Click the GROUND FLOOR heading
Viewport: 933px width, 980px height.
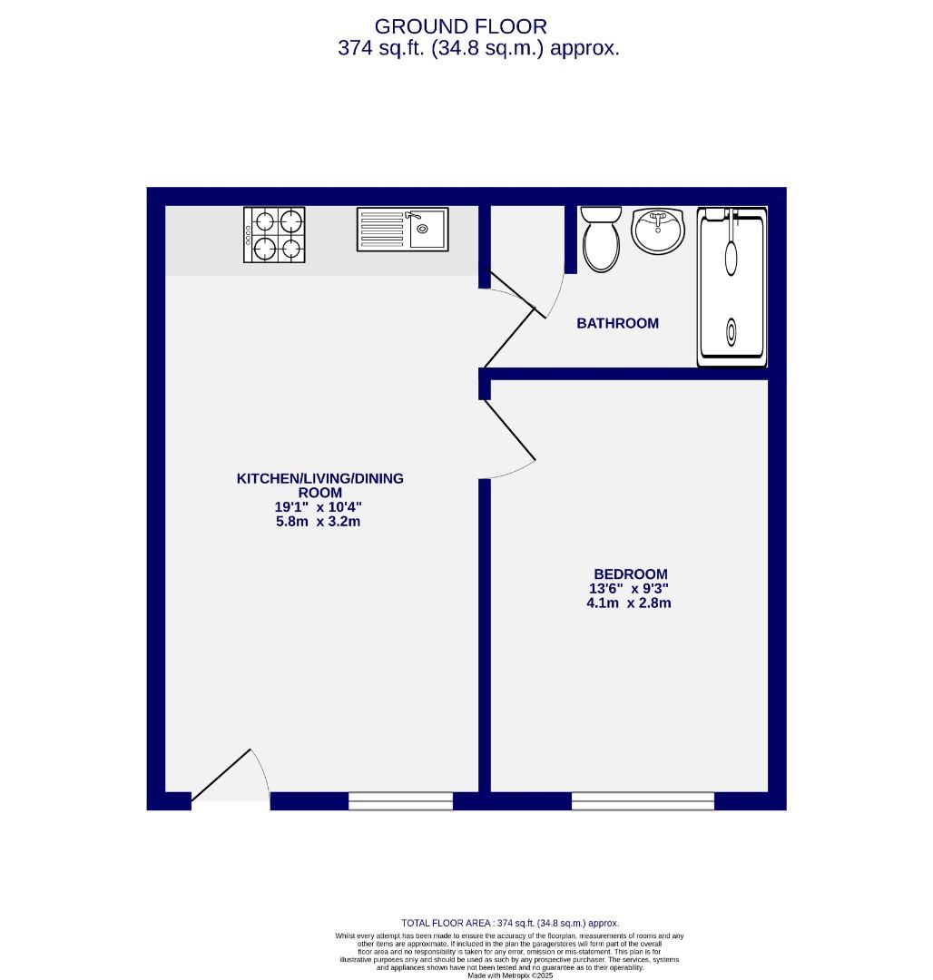click(460, 26)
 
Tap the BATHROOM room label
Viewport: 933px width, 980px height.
click(617, 323)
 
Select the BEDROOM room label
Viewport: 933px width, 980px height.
click(630, 573)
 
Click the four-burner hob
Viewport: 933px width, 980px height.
click(274, 234)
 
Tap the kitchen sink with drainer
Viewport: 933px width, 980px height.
click(402, 229)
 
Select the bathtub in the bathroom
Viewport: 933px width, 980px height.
click(732, 287)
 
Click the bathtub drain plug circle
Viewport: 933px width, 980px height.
click(732, 330)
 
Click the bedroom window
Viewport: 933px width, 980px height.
click(643, 800)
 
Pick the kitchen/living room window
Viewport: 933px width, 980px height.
click(400, 800)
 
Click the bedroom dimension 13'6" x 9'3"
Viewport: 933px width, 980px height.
click(629, 588)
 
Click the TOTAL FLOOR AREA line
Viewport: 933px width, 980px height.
click(510, 923)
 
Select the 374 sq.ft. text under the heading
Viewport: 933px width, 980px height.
click(478, 49)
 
